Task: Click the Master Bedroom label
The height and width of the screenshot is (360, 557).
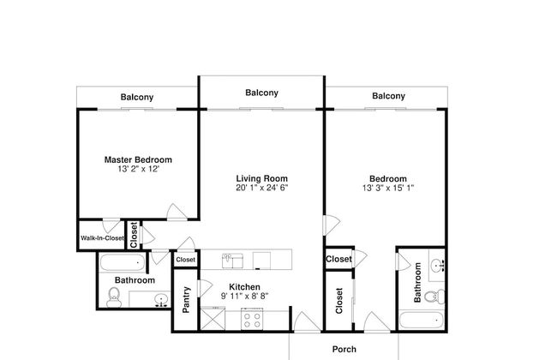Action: pyautogui.click(x=138, y=159)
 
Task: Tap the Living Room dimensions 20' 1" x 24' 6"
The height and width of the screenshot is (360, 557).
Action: pyautogui.click(x=262, y=188)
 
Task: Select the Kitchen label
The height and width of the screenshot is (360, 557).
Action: pyautogui.click(x=244, y=287)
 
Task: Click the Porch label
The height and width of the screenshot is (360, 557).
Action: pyautogui.click(x=344, y=350)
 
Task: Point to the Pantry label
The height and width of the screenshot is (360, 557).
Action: pyautogui.click(x=186, y=300)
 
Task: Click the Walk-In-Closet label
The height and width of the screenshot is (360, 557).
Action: pyautogui.click(x=102, y=238)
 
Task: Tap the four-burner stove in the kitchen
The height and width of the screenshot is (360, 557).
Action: pyautogui.click(x=252, y=319)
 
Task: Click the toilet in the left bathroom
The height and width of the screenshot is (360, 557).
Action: pyautogui.click(x=114, y=297)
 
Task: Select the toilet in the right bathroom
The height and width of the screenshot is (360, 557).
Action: pyautogui.click(x=434, y=297)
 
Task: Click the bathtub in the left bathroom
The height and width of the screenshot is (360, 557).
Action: pyautogui.click(x=123, y=263)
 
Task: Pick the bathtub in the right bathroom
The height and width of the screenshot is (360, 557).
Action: pyautogui.click(x=422, y=321)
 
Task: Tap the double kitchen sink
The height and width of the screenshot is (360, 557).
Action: pyautogui.click(x=232, y=261)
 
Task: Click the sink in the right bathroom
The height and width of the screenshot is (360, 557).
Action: pyautogui.click(x=437, y=265)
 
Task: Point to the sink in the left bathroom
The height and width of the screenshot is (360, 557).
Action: pyautogui.click(x=162, y=300)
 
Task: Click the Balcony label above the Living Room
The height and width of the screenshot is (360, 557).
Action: pyautogui.click(x=262, y=93)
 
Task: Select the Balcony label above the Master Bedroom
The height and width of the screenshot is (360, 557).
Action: pyautogui.click(x=137, y=97)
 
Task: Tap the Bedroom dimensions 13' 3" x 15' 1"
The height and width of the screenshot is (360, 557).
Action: pyautogui.click(x=388, y=188)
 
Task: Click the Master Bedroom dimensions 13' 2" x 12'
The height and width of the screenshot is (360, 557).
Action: pyautogui.click(x=138, y=169)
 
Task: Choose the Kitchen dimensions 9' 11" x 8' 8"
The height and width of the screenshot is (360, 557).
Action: pyautogui.click(x=244, y=296)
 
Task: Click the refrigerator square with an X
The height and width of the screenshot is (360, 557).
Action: pyautogui.click(x=213, y=319)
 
